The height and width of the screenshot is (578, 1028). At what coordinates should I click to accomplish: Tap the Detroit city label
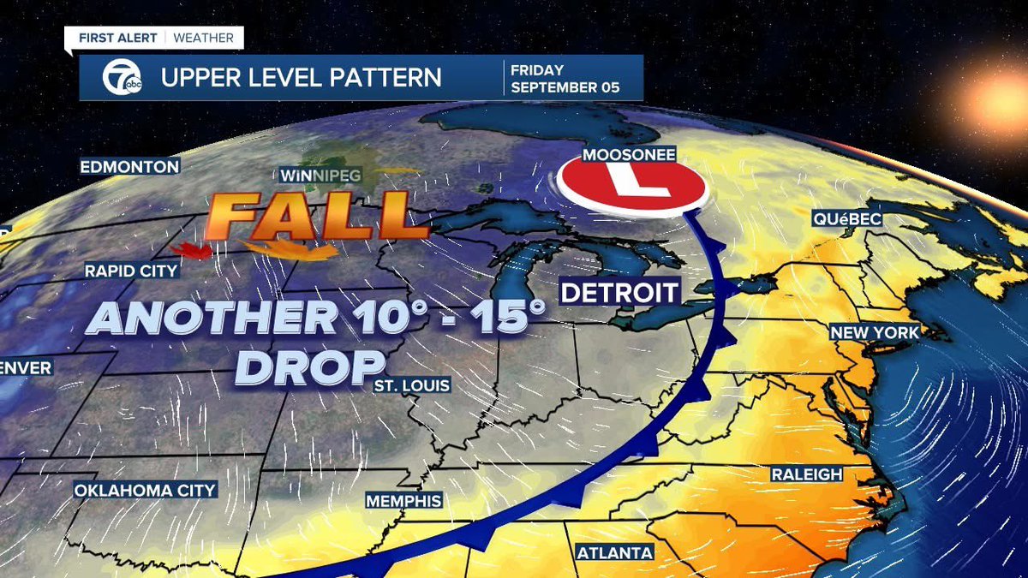[x=619, y=293]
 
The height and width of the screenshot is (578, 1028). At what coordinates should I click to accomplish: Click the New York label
[x=873, y=332]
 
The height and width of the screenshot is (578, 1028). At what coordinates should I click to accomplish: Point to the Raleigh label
[x=806, y=474]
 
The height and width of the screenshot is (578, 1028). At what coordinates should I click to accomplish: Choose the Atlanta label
[x=615, y=552]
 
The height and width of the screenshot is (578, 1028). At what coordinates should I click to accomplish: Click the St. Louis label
[x=411, y=386]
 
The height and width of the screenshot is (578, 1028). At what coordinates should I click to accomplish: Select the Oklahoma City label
[x=145, y=491]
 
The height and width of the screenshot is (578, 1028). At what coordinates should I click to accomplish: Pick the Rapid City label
[x=131, y=271]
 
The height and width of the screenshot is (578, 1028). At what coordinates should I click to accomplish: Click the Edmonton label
[x=129, y=167]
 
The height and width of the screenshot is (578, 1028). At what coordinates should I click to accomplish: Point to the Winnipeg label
[x=322, y=176]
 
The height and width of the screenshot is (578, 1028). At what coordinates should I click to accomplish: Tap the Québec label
[x=847, y=220]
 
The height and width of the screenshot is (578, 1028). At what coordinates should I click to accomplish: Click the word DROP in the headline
[x=308, y=366]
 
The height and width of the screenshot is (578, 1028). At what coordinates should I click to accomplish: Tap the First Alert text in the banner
[x=118, y=38]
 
